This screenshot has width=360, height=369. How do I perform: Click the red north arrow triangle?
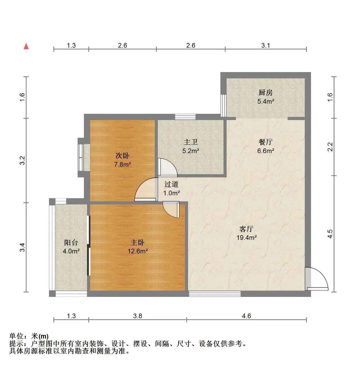26,46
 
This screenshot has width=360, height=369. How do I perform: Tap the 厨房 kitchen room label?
265,93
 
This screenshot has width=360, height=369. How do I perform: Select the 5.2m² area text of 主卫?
191,151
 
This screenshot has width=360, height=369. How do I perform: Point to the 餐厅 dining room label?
265,142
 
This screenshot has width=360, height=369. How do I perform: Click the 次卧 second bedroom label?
123,156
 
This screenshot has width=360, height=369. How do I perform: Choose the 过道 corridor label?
171,184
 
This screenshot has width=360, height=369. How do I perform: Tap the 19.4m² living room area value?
247,237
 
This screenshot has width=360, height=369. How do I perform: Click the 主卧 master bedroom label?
137,242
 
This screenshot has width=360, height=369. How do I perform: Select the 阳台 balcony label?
71,242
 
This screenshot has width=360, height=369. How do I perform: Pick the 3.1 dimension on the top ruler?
265,45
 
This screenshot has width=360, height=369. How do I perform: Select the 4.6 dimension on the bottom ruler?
247,316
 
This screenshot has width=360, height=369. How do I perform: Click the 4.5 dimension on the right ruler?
330,234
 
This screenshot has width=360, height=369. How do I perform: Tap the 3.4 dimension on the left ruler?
23,247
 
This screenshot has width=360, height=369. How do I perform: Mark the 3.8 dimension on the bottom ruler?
137,316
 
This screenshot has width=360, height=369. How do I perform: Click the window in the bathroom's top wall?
185,117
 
